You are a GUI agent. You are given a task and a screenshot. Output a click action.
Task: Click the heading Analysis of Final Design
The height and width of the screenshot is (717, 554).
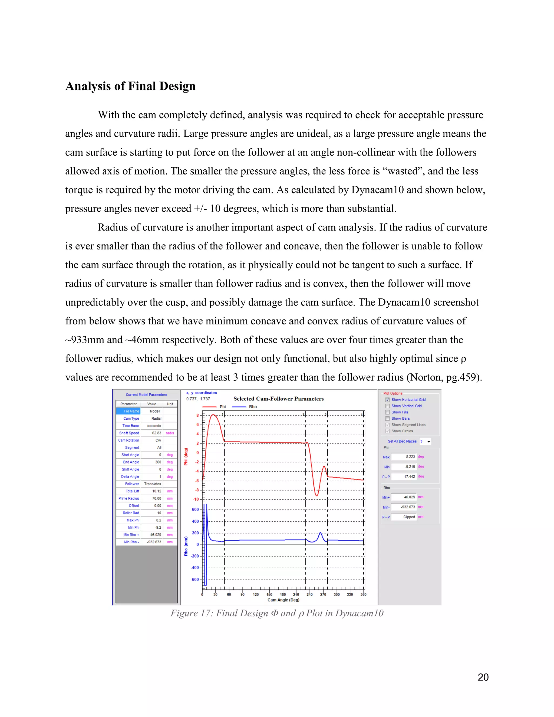[x=130, y=86]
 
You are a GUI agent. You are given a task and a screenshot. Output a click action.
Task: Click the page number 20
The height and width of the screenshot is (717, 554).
[x=483, y=677]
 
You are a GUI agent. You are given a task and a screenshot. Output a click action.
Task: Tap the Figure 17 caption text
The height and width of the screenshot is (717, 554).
[x=277, y=613]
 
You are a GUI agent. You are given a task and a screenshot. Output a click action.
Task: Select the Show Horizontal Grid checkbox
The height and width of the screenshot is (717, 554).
[x=387, y=400]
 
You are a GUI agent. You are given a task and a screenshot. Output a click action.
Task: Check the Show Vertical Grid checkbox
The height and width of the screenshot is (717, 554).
[x=387, y=406]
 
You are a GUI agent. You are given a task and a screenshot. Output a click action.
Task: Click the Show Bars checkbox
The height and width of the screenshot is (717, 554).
[x=387, y=418]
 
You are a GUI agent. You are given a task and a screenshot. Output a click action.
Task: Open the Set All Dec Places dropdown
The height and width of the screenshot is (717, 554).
[x=428, y=442]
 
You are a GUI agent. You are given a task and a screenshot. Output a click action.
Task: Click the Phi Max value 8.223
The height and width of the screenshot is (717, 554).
[x=404, y=457]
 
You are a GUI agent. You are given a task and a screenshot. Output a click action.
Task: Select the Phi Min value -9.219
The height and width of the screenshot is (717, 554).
[x=404, y=466]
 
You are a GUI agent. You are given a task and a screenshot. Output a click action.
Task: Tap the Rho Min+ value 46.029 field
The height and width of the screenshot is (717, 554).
[x=404, y=497]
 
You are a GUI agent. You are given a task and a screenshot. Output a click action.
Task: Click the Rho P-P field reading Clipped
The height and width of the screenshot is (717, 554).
[x=404, y=517]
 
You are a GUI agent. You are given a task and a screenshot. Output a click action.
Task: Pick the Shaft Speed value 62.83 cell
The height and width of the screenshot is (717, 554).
[x=152, y=433]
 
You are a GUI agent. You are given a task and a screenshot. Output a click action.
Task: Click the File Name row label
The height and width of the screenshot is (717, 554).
[x=128, y=411]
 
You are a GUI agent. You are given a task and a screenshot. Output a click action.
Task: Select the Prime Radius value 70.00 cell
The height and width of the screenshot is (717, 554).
[x=152, y=498]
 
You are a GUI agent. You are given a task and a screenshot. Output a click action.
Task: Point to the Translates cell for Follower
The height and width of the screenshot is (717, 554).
[x=152, y=484]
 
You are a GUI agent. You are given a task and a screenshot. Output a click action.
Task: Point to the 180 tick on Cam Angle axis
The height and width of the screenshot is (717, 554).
[x=283, y=594]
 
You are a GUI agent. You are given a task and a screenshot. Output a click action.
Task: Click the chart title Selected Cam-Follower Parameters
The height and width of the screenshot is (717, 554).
[x=278, y=399]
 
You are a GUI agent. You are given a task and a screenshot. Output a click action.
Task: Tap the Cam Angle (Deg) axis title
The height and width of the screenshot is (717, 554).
[x=283, y=600]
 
